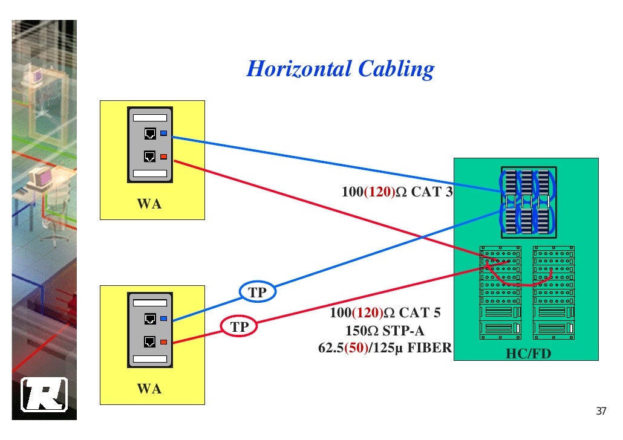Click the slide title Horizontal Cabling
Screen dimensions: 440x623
click(340, 69)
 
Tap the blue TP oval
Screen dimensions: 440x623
click(258, 293)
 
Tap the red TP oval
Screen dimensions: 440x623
click(240, 327)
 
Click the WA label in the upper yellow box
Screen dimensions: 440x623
click(149, 204)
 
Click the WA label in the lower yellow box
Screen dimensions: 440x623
click(149, 389)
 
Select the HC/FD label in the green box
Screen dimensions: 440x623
click(528, 354)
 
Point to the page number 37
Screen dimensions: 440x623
click(600, 412)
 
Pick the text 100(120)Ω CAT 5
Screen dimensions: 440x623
click(385, 313)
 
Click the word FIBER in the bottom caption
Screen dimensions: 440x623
click(429, 348)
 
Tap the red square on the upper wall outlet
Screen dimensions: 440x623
click(163, 157)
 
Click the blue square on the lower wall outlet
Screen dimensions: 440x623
click(163, 318)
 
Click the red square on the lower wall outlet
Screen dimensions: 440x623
click(163, 342)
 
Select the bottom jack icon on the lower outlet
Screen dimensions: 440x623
click(149, 342)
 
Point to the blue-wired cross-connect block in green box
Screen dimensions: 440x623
click(527, 202)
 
